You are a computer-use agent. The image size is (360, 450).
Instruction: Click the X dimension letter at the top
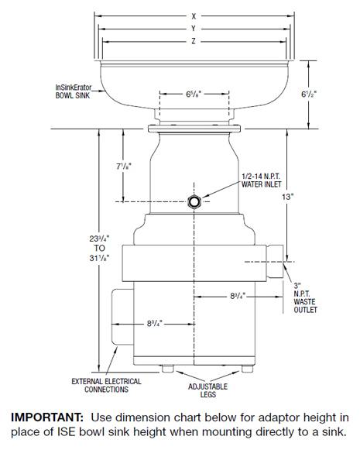coord(194,16)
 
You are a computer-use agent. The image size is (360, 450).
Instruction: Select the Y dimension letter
coord(194,29)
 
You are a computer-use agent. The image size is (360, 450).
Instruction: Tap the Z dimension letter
coord(194,41)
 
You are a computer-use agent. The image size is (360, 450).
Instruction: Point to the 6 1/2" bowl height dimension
coord(309,94)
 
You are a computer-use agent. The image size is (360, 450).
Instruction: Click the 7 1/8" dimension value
coord(124,167)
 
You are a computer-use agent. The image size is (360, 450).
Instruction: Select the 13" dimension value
coord(288,197)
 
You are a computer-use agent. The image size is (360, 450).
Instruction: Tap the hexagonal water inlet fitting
coord(194,201)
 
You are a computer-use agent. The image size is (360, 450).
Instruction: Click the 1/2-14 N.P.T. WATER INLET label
coord(261,180)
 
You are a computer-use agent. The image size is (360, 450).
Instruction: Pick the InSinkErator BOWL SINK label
coord(73,91)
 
